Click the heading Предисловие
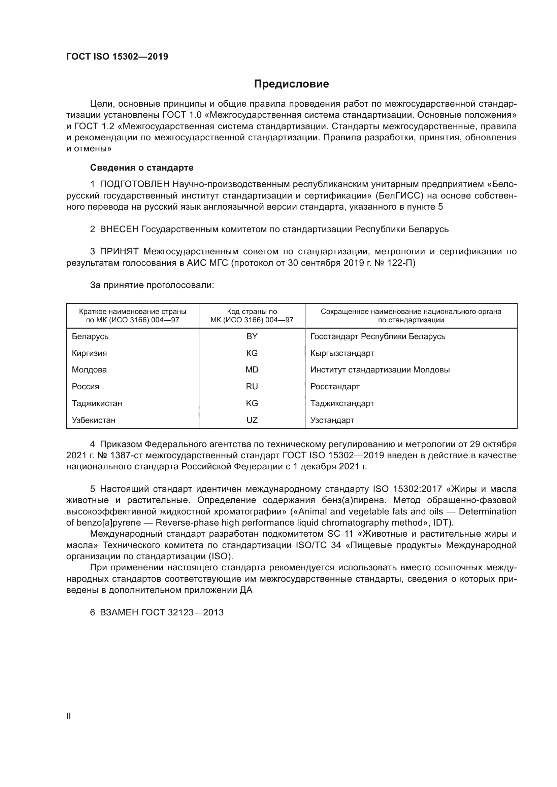tap(291, 84)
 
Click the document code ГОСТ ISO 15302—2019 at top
tap(117, 57)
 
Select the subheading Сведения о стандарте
tap(142, 168)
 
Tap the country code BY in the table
tap(252, 336)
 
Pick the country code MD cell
tap(252, 369)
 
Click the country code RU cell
tap(252, 386)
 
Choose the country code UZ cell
tap(252, 420)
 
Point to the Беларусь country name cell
tap(90, 336)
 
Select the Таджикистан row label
tap(97, 403)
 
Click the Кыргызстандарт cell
tap(342, 353)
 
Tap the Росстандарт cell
tap(335, 386)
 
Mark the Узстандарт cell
tap(332, 420)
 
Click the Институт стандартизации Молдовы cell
tap(380, 369)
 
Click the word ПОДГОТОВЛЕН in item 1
tap(135, 184)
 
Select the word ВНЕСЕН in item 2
tap(119, 229)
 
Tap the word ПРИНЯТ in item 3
tap(119, 251)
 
